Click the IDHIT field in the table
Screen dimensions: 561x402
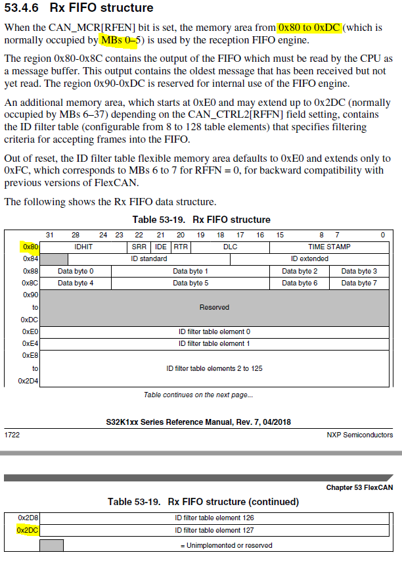coord(83,247)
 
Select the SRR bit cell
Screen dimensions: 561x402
coord(139,247)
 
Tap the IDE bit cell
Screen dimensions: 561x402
coord(160,247)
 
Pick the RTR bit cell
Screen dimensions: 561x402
coord(180,247)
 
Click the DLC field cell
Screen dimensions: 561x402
coord(230,247)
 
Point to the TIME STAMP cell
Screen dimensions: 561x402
coord(329,247)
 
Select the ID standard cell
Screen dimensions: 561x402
coord(148,258)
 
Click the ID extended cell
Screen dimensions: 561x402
coord(309,258)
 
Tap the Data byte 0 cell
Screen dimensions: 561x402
coord(76,271)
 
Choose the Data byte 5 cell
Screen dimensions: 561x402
coord(190,283)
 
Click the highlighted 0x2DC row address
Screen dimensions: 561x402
coord(28,529)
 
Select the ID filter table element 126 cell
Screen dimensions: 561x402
coord(214,518)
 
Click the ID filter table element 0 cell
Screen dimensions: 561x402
coord(214,331)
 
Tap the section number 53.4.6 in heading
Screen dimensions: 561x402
coord(23,9)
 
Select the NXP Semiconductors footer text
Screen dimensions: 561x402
coord(359,435)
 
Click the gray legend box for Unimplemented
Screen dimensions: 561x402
coord(51,545)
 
